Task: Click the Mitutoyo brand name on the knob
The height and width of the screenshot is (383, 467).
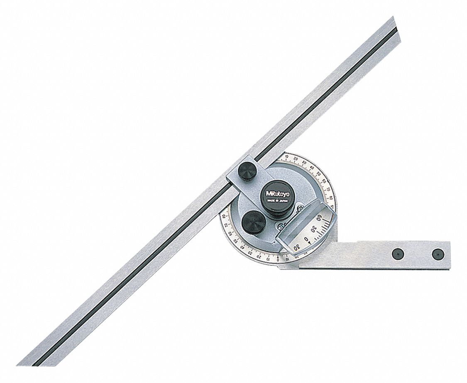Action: [272, 193]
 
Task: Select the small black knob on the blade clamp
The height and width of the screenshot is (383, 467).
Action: [247, 171]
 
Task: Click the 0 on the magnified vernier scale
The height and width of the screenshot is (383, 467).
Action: [307, 239]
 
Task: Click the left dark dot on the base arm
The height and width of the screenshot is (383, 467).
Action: [398, 253]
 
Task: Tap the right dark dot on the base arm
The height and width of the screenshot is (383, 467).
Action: [437, 253]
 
